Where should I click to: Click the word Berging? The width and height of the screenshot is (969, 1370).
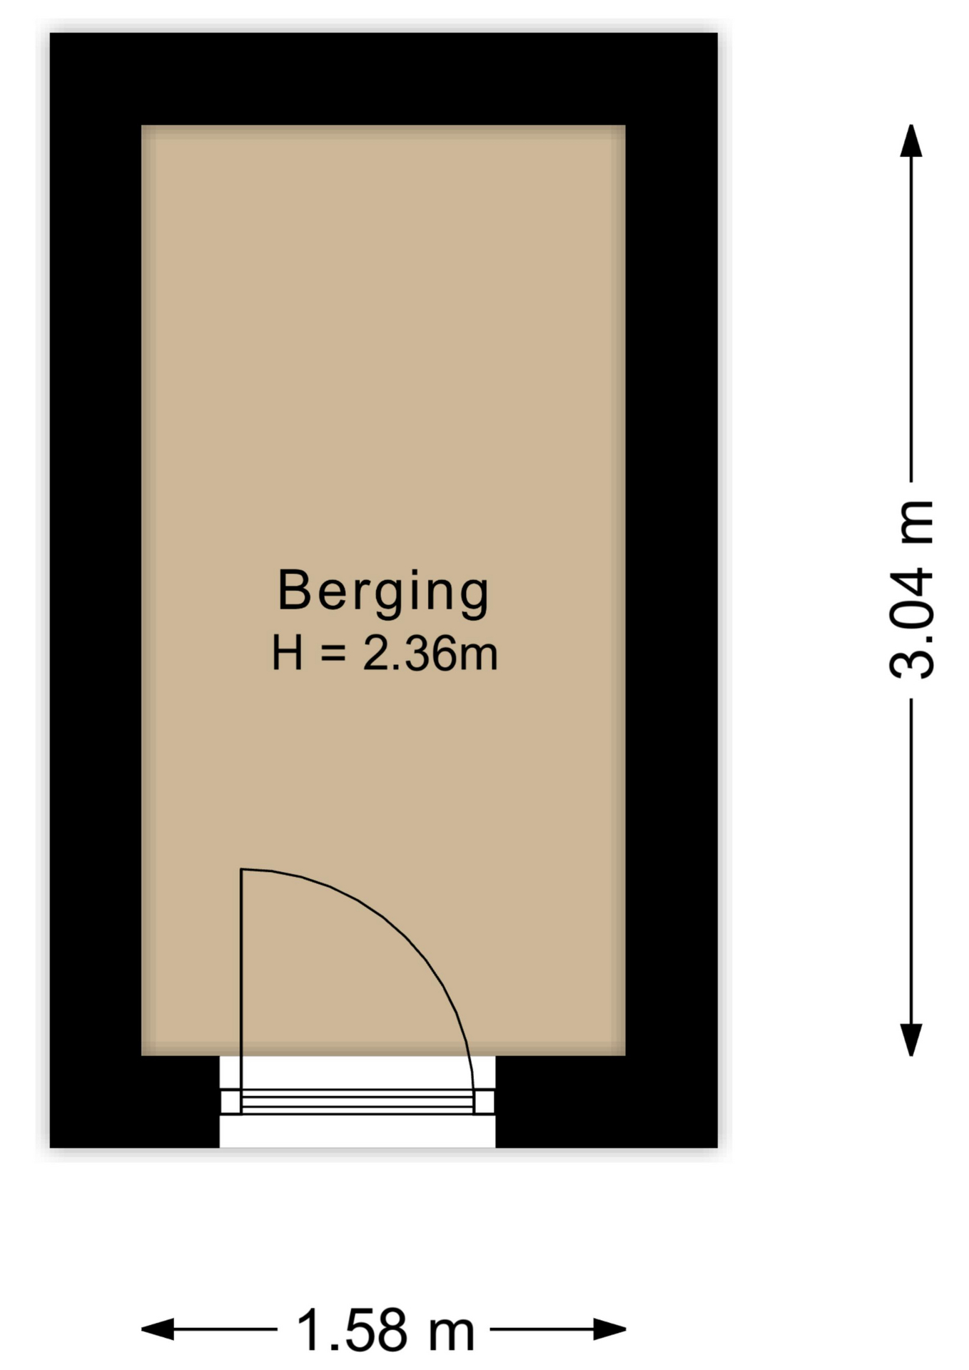383,592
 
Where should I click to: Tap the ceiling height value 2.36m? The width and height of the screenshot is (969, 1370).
430,654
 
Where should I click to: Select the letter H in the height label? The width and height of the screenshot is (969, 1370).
288,653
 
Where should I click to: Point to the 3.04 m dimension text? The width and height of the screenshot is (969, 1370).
911,589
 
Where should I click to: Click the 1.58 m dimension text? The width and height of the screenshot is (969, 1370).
385,1330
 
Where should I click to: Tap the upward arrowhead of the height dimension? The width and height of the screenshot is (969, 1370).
911,141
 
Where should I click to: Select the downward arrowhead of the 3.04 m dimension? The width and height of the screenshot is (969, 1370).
911,1040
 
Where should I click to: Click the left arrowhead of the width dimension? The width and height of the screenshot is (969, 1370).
158,1329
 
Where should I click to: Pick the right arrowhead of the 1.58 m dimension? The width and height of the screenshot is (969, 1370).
610,1329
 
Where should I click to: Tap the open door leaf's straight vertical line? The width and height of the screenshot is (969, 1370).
242,990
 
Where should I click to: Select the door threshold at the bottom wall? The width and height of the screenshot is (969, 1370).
357,1101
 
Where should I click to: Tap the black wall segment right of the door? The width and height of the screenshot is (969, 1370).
607,1102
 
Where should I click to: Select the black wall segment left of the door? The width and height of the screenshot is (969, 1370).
134,1102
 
